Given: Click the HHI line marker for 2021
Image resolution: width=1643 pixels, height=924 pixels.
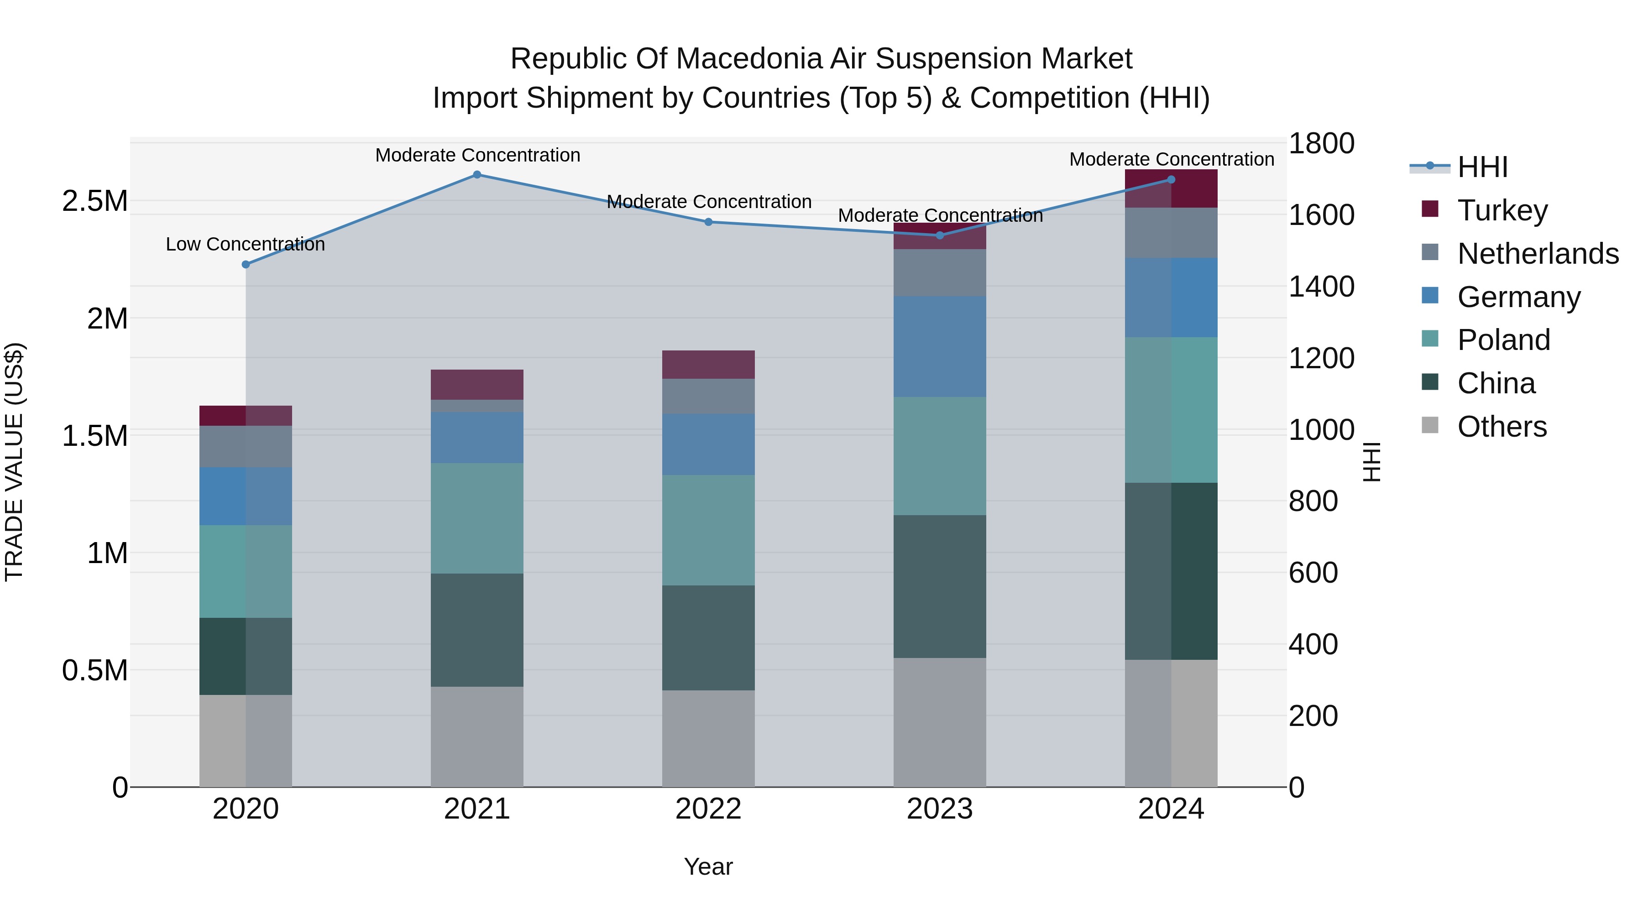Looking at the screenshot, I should tap(477, 175).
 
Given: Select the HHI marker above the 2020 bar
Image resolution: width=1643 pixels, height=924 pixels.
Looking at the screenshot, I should tap(246, 264).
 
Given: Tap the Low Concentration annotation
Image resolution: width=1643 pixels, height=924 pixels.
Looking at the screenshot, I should tap(245, 244).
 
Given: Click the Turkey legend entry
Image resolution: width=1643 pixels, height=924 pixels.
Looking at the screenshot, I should tap(1502, 210).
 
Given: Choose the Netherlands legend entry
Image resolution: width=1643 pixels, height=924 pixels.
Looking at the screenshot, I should tap(1537, 254).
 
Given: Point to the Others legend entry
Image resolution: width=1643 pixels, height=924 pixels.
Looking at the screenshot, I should tap(1502, 427).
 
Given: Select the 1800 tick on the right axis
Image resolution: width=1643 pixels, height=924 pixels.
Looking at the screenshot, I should tap(1321, 143).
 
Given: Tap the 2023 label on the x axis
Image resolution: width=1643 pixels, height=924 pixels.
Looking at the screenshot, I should tap(940, 809).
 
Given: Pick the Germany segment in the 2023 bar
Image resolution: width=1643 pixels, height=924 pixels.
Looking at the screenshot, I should tap(940, 346).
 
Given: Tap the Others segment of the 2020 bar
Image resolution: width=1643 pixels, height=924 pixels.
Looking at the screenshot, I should tap(246, 741).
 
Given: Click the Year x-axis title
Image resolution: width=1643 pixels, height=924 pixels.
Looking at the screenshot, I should tap(708, 867).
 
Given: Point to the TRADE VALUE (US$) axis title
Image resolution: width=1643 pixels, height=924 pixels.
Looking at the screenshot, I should tap(14, 462).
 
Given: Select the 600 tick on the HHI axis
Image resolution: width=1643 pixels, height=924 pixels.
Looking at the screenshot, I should tap(1313, 573).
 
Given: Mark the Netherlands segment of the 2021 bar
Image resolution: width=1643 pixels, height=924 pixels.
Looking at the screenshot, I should tap(477, 406).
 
